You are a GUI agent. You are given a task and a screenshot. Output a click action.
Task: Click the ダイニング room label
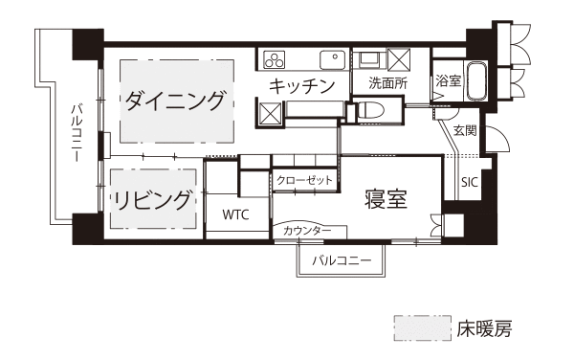click(x=174, y=101)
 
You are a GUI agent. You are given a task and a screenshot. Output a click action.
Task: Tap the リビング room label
click(x=152, y=200)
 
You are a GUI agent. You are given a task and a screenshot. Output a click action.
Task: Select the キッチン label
click(x=302, y=86)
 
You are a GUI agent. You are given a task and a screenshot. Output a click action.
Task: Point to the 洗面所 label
click(x=387, y=83)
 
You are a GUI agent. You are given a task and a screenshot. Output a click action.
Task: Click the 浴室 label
click(x=448, y=80)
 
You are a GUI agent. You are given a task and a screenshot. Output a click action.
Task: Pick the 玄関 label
click(x=465, y=131)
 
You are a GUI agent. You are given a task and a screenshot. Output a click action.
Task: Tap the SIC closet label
click(x=470, y=182)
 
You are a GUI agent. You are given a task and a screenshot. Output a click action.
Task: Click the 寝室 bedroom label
click(x=386, y=199)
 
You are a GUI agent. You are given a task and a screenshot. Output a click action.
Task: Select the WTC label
click(x=235, y=214)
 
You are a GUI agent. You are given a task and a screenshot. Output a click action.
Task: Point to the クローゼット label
click(x=304, y=180)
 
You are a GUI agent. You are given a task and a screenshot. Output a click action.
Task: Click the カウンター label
click(x=307, y=231)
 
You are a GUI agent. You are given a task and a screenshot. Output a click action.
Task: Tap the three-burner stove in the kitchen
click(x=275, y=59)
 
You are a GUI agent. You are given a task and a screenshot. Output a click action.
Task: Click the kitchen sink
click(x=333, y=59)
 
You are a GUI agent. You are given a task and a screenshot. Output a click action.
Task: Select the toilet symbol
click(x=370, y=109)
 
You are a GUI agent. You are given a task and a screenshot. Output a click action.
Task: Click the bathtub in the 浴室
click(x=475, y=81)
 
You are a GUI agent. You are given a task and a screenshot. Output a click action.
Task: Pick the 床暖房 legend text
click(x=484, y=328)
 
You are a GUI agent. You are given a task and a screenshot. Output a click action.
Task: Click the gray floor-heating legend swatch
click(x=423, y=328)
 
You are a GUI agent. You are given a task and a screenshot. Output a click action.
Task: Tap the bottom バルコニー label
click(x=342, y=260)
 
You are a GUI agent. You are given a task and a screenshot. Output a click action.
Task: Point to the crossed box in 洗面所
click(x=399, y=59)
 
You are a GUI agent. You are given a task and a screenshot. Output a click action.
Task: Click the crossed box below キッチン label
click(x=270, y=113)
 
